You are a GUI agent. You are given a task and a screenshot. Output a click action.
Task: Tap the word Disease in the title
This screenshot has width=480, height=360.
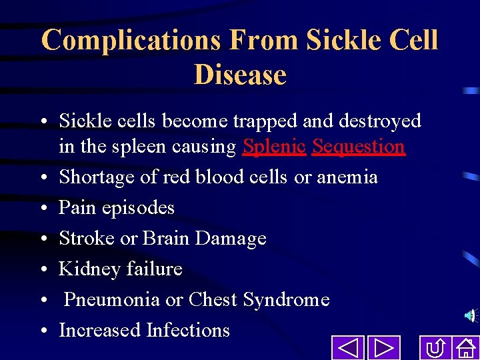coord(240,74)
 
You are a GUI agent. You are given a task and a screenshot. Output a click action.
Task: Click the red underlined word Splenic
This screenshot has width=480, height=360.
coord(275,147)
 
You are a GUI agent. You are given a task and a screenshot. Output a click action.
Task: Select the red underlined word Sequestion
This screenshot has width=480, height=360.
coord(359,147)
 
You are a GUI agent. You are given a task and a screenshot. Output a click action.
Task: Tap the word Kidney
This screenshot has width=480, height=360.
coord(89,269)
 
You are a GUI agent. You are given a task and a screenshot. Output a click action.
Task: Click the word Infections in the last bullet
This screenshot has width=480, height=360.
coord(188,330)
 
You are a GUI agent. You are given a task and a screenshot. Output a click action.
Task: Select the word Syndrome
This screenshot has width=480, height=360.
coord(286,300)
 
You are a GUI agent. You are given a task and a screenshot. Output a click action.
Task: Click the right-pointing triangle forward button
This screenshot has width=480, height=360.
coord(383,348)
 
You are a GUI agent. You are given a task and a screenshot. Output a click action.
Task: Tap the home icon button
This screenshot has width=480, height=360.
coord(465,348)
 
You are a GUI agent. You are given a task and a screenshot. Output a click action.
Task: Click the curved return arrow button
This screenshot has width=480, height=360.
coord(436,348)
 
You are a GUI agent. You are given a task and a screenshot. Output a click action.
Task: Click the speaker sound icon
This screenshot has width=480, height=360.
coord(471,315)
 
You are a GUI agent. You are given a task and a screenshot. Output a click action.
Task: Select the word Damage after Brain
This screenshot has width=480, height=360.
coord(237,238)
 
